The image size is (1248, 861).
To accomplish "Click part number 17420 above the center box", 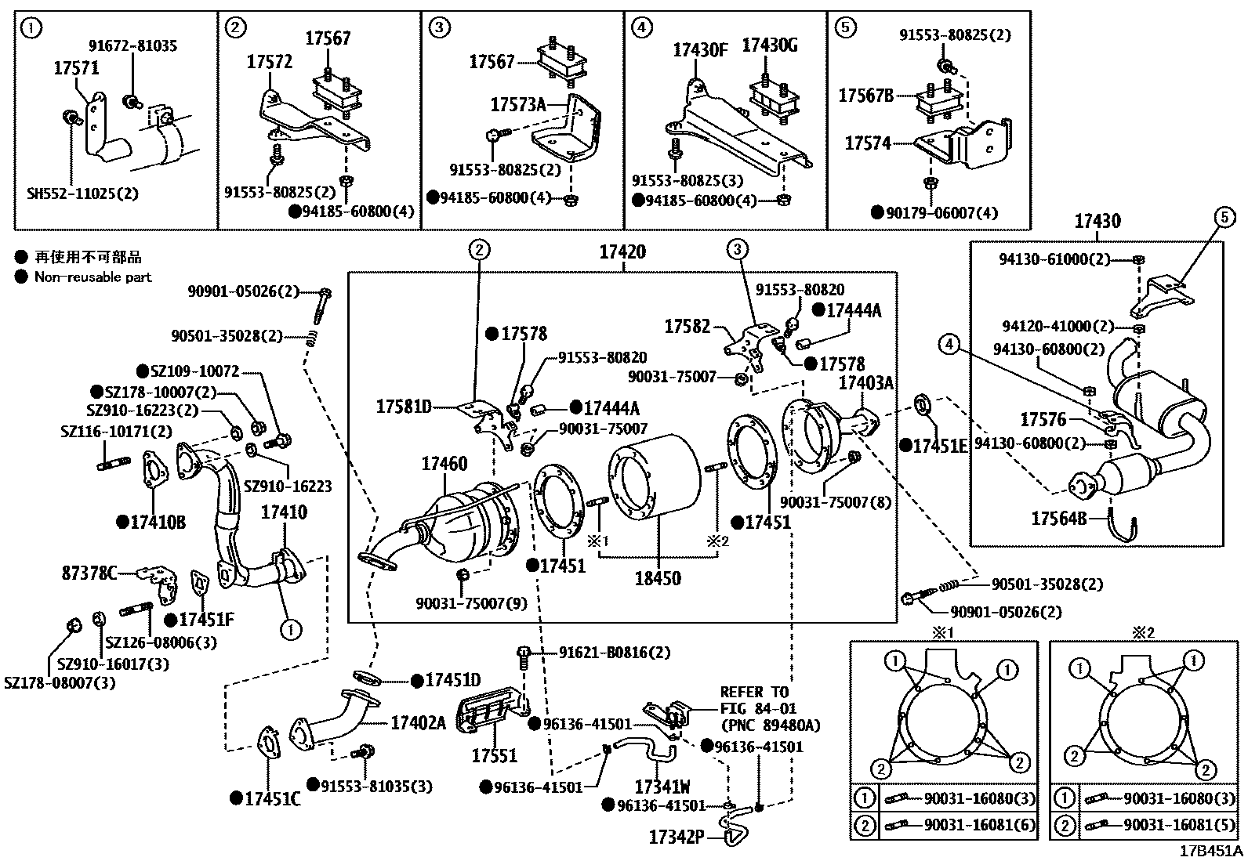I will [x=622, y=252].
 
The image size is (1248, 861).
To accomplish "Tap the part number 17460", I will [x=444, y=464].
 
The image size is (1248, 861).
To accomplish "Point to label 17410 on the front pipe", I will [x=284, y=512].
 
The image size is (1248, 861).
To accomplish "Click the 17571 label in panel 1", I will [x=76, y=68].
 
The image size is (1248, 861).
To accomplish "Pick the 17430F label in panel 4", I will [x=700, y=51].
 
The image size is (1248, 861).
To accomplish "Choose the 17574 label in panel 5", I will [x=868, y=143].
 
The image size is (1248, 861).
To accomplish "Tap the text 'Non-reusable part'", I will [x=93, y=277].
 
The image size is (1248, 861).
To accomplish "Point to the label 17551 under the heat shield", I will [x=494, y=755].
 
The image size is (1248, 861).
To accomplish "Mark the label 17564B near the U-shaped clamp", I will [x=1058, y=518].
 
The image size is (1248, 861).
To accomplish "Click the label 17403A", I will [x=865, y=382].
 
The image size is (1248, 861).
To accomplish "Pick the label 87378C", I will [x=89, y=573].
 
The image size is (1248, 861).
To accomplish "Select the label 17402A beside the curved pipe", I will [x=418, y=722].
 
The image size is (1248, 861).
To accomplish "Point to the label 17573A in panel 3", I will [x=517, y=104].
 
